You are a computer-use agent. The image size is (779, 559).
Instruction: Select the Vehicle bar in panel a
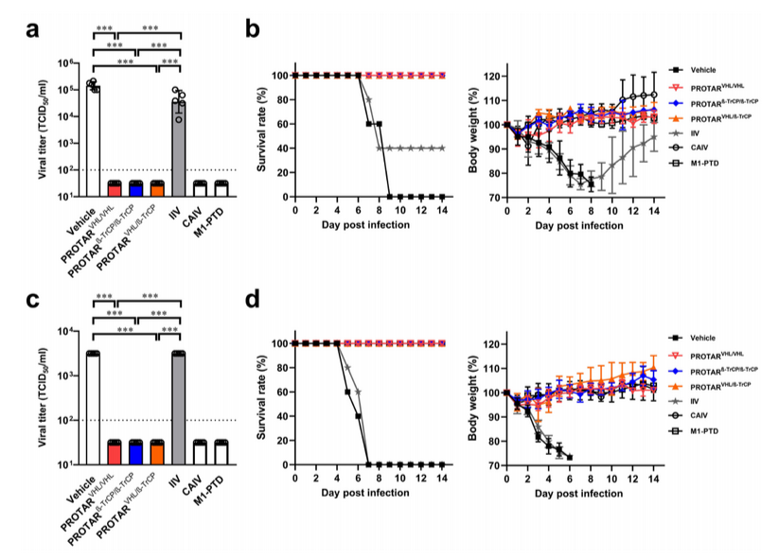point(93,142)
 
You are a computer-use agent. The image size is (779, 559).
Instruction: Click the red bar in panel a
point(115,189)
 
